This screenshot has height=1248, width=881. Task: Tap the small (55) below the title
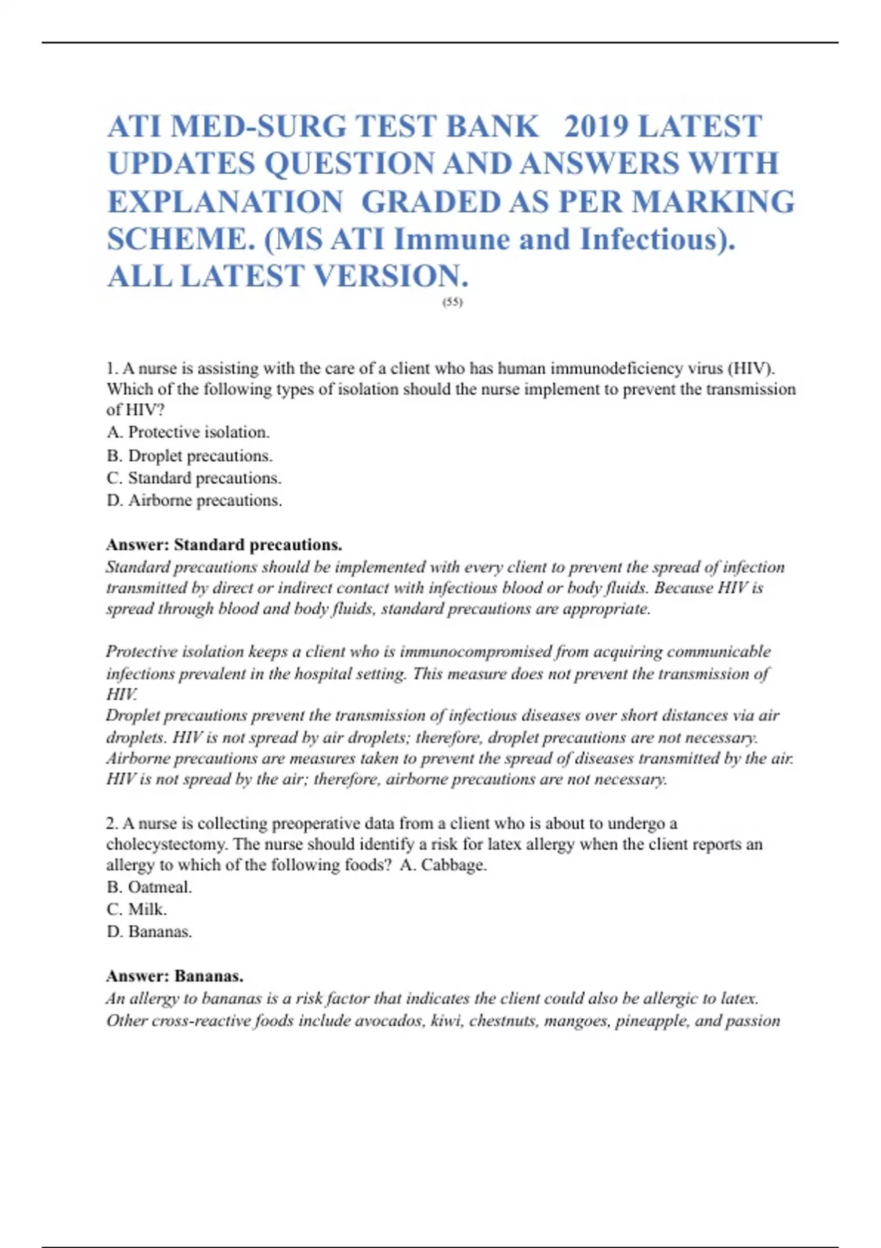[x=453, y=302]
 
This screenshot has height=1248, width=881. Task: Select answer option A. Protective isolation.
[x=189, y=432]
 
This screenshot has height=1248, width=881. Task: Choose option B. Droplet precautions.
[x=189, y=456]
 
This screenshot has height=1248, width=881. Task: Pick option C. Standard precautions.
[x=194, y=478]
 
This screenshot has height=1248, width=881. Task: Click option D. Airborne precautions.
[x=195, y=501]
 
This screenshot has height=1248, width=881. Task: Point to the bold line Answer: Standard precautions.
[x=224, y=545]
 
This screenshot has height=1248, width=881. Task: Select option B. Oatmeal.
[x=150, y=887]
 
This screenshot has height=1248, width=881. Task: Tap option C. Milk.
[x=137, y=909]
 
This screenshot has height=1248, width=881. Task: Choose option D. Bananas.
[x=150, y=932]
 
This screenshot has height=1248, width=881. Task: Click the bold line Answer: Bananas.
[x=175, y=976]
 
